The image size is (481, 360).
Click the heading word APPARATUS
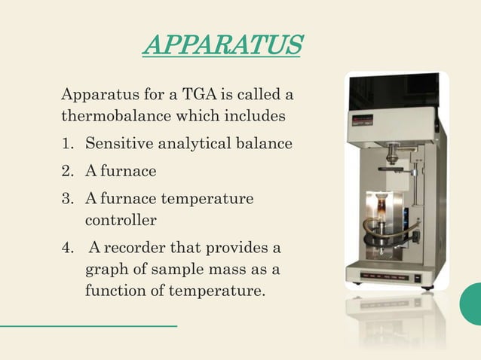click(222, 46)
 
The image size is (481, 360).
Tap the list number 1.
click(66, 143)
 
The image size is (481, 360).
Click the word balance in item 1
click(265, 143)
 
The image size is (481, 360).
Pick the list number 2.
click(67, 171)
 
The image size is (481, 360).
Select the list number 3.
click(67, 199)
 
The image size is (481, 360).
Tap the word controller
click(121, 221)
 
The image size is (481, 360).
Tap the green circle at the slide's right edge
click(472, 304)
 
